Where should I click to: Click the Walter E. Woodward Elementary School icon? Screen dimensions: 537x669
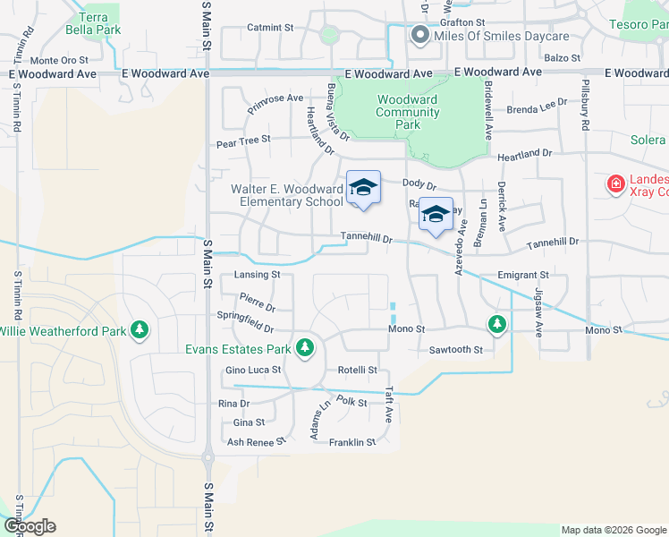[363, 188]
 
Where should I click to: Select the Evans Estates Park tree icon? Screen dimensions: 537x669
[305, 346]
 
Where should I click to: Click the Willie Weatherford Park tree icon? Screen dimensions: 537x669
[140, 330]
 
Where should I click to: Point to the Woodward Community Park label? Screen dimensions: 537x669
[407, 112]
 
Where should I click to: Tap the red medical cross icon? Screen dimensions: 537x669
[615, 185]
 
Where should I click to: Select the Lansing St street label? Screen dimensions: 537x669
[257, 275]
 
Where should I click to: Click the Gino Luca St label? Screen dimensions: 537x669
[253, 370]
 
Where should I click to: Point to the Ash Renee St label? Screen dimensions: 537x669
[255, 442]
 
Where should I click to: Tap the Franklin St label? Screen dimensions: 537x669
[352, 442]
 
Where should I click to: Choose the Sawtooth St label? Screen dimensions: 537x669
[455, 350]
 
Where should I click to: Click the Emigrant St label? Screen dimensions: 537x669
[524, 275]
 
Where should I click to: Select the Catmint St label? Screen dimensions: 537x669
[270, 28]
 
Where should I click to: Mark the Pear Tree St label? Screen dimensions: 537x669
[243, 141]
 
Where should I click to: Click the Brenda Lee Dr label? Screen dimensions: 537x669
[537, 108]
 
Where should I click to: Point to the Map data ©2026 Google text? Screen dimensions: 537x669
[613, 530]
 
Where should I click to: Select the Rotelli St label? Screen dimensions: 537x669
[358, 370]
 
